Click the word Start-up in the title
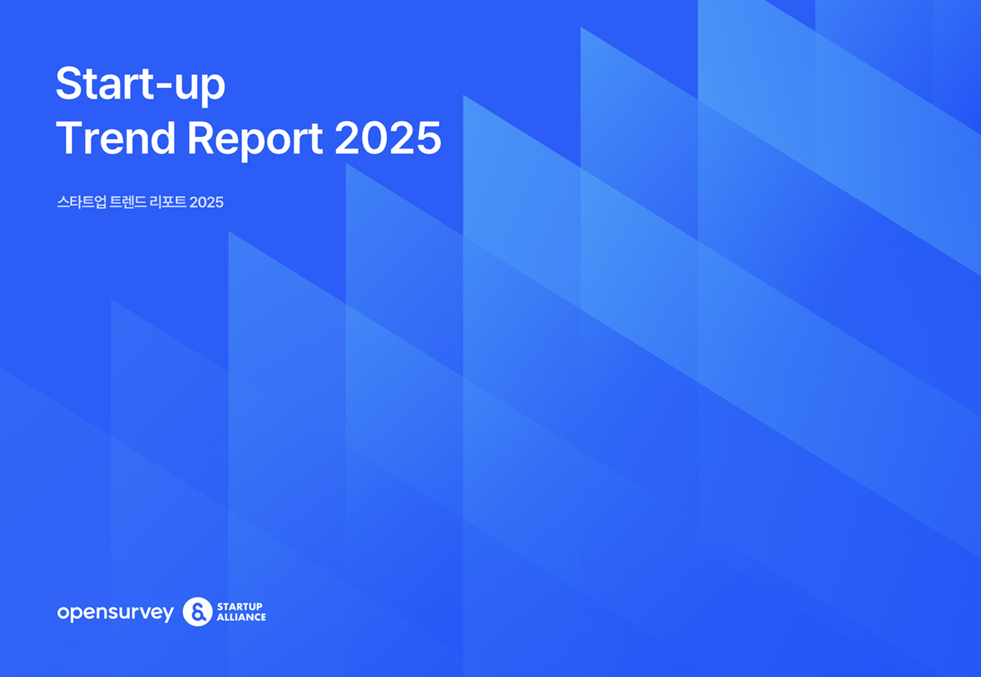pos(140,85)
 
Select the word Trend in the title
pos(116,138)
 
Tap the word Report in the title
pos(255,140)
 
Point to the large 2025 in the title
pos(388,138)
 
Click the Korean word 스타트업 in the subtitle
pos(82,202)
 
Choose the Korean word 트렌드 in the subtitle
pos(128,202)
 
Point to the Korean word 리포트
pos(168,202)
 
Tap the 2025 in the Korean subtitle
pos(206,202)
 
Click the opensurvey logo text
pos(116,612)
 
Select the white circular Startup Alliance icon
pos(198,612)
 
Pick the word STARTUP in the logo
pos(240,606)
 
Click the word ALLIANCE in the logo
pos(241,617)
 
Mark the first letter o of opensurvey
pos(64,612)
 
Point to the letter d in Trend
pos(161,138)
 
